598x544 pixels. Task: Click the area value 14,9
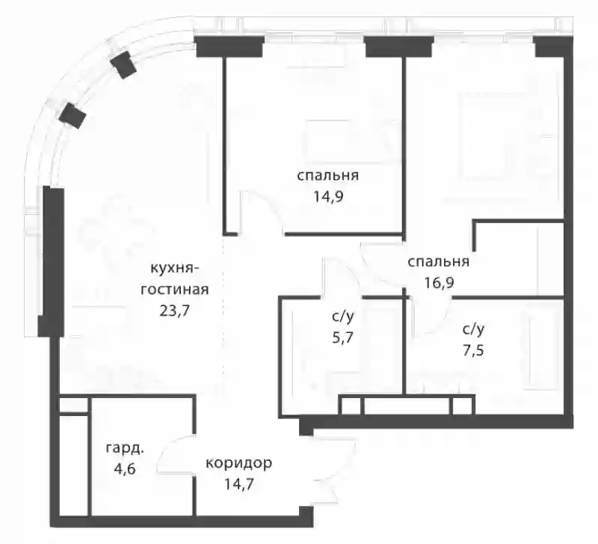coord(328,197)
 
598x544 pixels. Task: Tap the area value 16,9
coord(439,284)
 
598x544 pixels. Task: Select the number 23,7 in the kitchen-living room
coord(175,311)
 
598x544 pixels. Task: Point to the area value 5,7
coord(343,337)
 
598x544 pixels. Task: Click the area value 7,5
coord(473,350)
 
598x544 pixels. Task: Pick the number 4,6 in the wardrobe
coord(125,468)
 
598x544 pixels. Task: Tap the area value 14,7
coord(238,484)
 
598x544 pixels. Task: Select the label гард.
coord(125,448)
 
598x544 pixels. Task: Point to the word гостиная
coord(175,290)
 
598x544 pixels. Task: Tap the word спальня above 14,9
coord(328,176)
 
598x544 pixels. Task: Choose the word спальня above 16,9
coord(439,262)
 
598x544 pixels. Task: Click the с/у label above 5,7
coord(343,317)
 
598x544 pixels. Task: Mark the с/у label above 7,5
coord(473,329)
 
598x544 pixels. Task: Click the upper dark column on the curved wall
coord(123,64)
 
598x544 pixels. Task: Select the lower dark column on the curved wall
coord(73,115)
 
